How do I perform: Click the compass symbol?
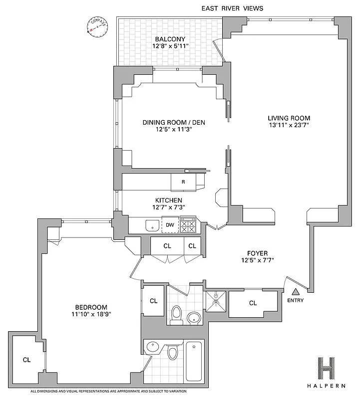tap(94, 27)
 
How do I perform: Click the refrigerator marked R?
tap(183, 182)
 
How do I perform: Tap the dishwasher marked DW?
tap(170, 225)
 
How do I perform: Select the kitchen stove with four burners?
tap(188, 225)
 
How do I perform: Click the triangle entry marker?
tap(296, 292)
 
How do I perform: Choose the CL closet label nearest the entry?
tap(253, 303)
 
